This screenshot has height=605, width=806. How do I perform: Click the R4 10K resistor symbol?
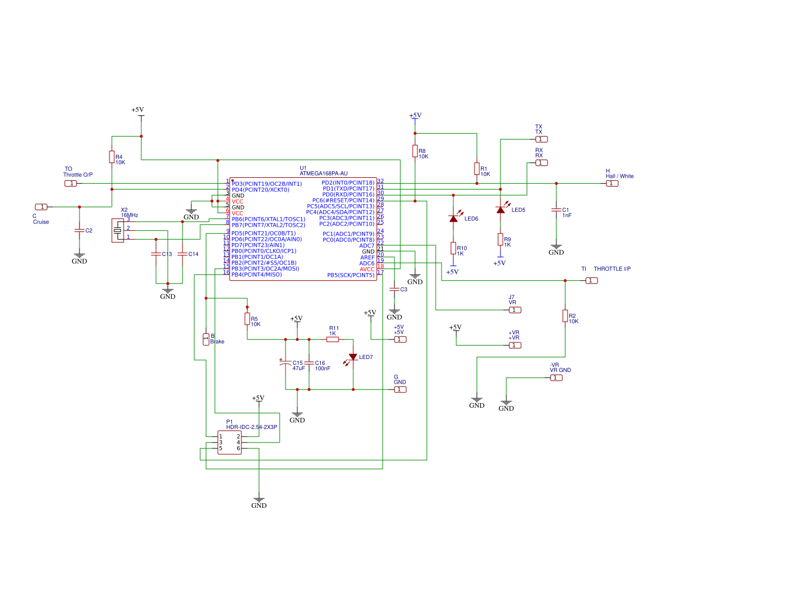(112, 157)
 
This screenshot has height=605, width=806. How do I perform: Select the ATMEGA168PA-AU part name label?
(323, 174)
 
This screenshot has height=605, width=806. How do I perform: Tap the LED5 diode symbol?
(500, 210)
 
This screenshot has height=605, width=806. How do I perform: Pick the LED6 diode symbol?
(453, 218)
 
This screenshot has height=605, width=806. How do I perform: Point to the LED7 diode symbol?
(353, 357)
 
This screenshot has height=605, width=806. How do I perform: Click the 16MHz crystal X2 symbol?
(118, 230)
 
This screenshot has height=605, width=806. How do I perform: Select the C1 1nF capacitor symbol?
(556, 210)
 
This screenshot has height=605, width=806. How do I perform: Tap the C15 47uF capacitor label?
(298, 365)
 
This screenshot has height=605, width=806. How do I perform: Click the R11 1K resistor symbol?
(333, 339)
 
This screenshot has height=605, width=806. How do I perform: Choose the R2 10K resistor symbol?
(565, 316)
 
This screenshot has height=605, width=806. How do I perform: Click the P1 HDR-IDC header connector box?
(230, 443)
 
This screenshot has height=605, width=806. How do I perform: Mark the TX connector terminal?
(542, 139)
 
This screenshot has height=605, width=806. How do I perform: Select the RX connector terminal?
(542, 163)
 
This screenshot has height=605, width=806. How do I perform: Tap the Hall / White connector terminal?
(612, 184)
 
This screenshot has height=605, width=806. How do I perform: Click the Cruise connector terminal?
(41, 207)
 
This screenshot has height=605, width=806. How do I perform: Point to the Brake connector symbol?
(206, 339)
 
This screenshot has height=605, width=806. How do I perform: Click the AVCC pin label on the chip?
(367, 270)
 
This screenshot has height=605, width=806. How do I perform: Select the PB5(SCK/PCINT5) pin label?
(350, 275)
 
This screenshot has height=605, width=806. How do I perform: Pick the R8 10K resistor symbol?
(415, 151)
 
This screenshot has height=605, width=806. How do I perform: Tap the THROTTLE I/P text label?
(612, 269)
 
